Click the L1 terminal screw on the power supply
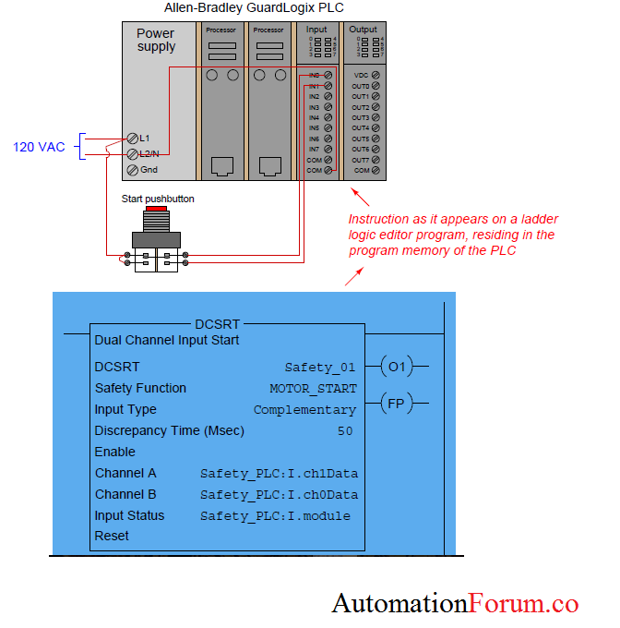(133, 139)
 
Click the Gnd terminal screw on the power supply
(133, 170)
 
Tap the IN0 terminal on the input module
(328, 75)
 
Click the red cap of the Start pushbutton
(156, 210)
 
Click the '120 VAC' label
(39, 147)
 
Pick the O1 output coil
(396, 367)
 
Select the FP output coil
(396, 403)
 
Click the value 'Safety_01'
(320, 368)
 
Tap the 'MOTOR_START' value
(313, 389)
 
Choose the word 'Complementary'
(304, 410)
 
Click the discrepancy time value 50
(345, 431)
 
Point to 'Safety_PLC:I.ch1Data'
(279, 474)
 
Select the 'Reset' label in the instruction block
(112, 536)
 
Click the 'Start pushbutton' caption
(158, 199)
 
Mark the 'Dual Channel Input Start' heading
(167, 340)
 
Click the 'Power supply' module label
(156, 40)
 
